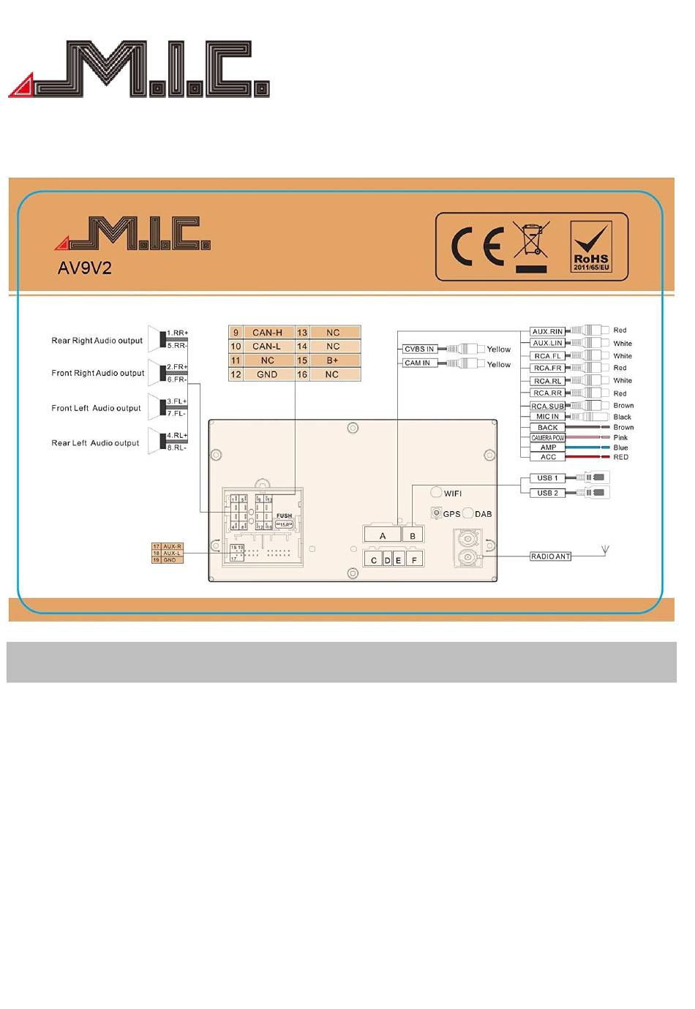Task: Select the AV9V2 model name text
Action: click(85, 268)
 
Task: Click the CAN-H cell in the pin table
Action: click(267, 333)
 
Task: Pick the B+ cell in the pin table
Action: click(333, 360)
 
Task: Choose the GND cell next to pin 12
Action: click(267, 374)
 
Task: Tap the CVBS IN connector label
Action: click(419, 349)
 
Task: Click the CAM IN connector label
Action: click(418, 363)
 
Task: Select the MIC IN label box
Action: click(547, 417)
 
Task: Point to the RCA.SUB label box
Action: click(547, 406)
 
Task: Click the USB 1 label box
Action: click(547, 478)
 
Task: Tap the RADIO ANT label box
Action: click(550, 556)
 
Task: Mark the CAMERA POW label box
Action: click(547, 438)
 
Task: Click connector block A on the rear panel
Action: click(382, 536)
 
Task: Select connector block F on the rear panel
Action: click(414, 560)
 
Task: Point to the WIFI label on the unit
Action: click(453, 494)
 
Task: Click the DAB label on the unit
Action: click(484, 514)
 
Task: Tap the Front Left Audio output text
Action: click(96, 408)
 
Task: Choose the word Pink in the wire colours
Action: click(620, 438)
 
